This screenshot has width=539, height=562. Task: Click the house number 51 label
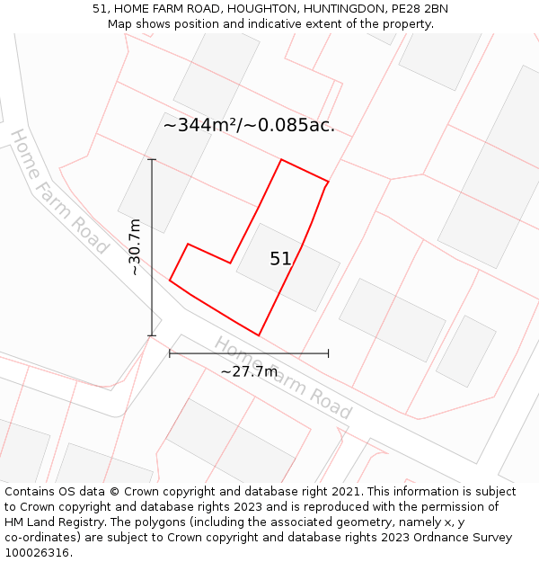(x=280, y=259)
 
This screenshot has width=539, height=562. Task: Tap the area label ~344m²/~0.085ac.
(x=249, y=126)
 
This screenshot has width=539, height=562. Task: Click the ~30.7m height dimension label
(x=135, y=247)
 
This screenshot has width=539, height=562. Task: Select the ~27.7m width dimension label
(x=249, y=371)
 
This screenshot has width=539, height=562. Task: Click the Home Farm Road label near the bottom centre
(x=282, y=378)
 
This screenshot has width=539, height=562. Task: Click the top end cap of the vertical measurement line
(x=152, y=160)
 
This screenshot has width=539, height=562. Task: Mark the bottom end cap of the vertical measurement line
(x=152, y=336)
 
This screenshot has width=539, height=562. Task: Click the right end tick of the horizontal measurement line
(x=328, y=353)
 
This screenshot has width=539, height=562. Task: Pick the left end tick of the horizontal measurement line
(x=170, y=353)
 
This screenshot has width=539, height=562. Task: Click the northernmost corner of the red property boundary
(x=282, y=160)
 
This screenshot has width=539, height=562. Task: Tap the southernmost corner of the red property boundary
(x=259, y=335)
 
